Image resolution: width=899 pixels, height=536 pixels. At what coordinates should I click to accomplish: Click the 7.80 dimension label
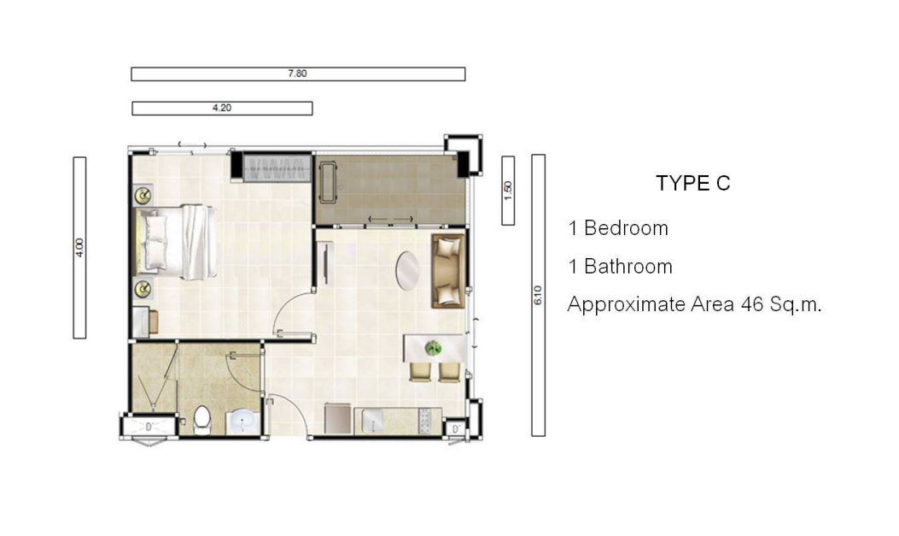tap(297, 74)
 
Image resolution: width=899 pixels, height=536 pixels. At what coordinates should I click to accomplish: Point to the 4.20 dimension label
tap(222, 108)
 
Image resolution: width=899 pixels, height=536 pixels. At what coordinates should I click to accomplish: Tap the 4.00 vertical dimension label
tap(79, 247)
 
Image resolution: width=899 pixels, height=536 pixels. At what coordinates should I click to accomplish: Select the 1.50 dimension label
tap(507, 191)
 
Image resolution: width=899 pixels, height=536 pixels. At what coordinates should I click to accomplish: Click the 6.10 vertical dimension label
tap(538, 295)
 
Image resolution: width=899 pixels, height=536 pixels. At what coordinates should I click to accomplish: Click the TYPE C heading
tap(692, 183)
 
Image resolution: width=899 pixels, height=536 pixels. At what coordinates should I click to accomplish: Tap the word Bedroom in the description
tap(626, 228)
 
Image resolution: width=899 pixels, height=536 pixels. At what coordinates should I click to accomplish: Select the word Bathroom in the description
tap(628, 267)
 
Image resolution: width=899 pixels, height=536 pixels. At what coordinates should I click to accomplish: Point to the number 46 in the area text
tap(751, 304)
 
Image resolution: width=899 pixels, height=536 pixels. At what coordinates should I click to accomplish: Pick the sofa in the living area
tap(448, 271)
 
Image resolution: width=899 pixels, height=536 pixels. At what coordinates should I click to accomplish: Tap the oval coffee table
tap(407, 271)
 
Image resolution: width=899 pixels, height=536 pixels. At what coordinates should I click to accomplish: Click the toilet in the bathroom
tap(202, 421)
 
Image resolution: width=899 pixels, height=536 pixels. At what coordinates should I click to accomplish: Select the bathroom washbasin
tap(242, 422)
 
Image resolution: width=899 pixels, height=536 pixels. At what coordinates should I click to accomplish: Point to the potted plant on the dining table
tap(434, 347)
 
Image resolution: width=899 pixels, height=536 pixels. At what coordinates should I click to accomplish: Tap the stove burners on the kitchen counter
tap(425, 421)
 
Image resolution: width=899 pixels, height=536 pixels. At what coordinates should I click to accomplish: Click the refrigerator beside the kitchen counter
tap(338, 419)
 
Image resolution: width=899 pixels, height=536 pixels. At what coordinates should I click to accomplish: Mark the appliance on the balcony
tap(328, 182)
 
